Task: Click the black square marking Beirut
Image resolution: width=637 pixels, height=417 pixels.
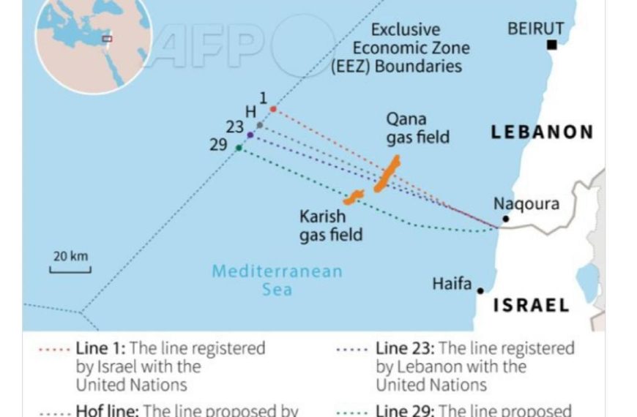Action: (552, 45)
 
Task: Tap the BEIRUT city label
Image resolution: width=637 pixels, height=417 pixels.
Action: (536, 29)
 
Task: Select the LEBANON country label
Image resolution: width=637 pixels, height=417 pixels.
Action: (542, 132)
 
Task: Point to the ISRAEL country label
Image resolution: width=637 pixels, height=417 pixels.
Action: (531, 305)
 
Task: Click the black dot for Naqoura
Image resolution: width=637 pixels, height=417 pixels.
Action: (505, 219)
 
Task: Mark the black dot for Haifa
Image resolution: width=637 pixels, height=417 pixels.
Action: (481, 290)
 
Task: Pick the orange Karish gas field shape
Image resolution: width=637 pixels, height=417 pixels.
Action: (354, 197)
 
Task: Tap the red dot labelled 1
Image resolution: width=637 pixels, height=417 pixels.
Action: (273, 109)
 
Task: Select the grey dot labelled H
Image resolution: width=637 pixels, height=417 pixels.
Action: (260, 125)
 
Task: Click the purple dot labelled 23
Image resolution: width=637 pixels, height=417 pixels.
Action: (250, 135)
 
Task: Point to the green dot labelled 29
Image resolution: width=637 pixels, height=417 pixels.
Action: (239, 148)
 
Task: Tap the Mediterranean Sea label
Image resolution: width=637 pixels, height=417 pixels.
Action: (277, 280)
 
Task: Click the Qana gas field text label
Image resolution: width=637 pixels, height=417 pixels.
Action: (417, 128)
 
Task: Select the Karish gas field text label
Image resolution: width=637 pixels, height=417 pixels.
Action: (330, 225)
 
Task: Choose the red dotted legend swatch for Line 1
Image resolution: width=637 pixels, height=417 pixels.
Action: (55, 349)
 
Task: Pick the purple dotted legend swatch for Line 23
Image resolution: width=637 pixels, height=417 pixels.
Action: (355, 349)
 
